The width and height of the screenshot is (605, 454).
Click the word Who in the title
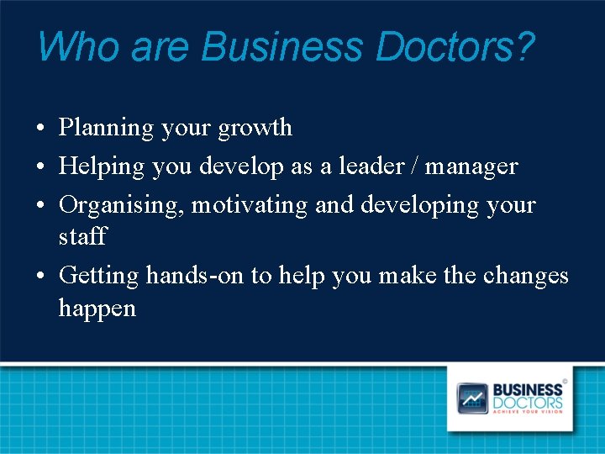click(66, 46)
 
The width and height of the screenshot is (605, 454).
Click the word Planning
click(107, 129)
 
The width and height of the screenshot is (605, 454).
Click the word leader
click(373, 166)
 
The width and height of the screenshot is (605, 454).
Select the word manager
click(471, 166)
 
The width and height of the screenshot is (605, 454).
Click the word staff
click(82, 236)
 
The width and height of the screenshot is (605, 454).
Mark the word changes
click(526, 276)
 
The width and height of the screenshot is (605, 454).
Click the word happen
click(97, 309)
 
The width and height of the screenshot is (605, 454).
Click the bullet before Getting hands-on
click(40, 277)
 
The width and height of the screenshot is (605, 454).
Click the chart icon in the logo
click(471, 398)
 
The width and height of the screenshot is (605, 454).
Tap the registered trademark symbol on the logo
click(565, 382)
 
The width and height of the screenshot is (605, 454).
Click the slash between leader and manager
click(415, 166)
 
